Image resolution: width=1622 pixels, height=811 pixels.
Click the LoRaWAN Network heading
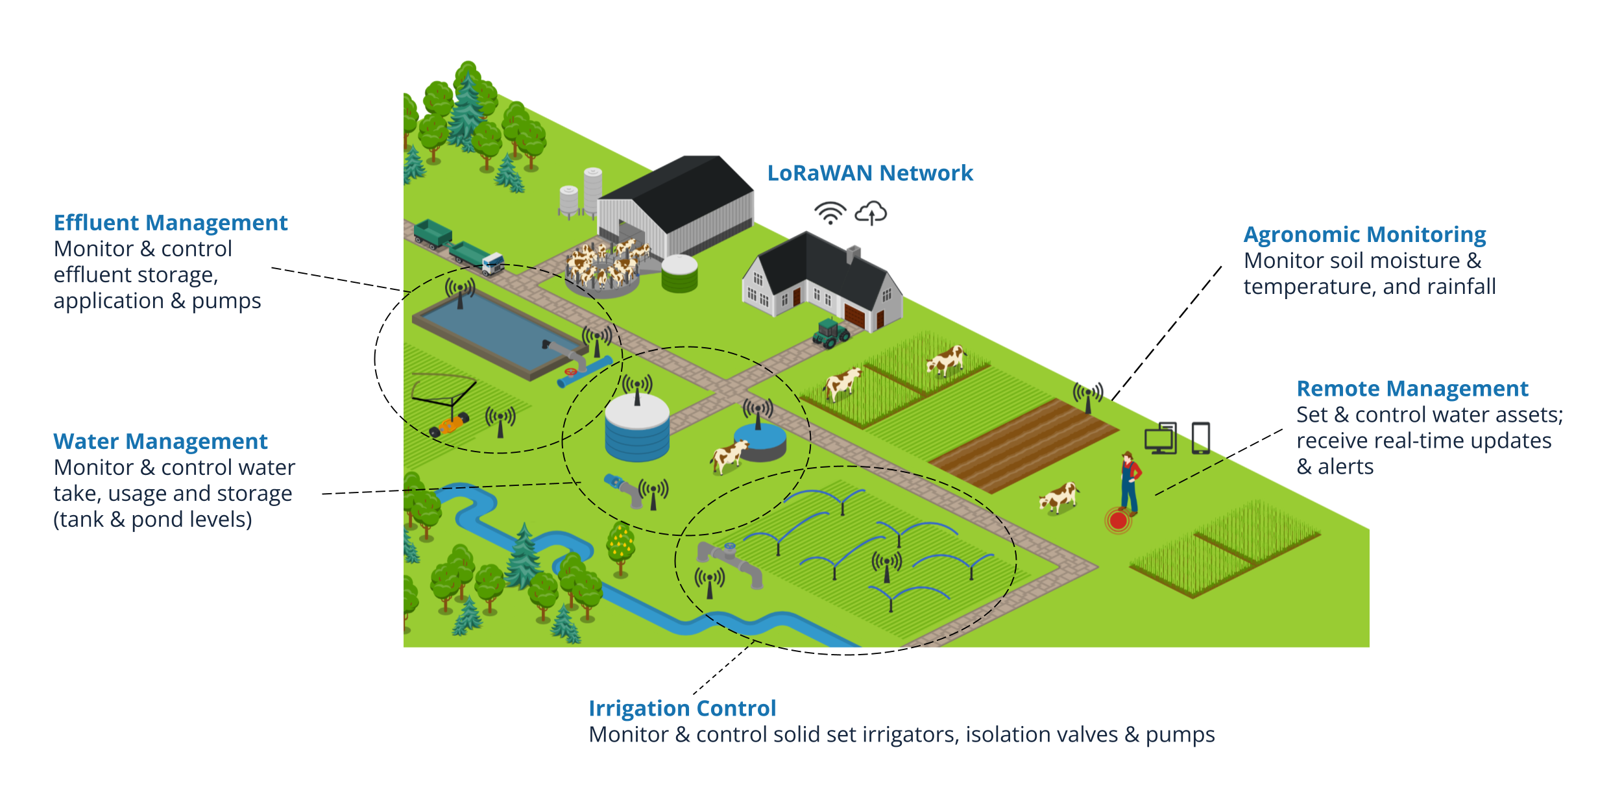click(869, 173)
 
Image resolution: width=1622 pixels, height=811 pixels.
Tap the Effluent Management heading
click(170, 223)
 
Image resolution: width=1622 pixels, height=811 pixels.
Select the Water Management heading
click(160, 441)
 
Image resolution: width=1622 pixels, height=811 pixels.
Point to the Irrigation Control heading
click(682, 708)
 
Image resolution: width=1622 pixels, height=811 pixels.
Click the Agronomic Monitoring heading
click(1364, 234)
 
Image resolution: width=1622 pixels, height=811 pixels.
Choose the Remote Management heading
click(1412, 389)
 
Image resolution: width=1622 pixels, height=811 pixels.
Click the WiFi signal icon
click(830, 213)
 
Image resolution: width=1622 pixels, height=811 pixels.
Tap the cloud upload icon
click(871, 213)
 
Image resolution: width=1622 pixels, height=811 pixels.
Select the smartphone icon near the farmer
click(1200, 438)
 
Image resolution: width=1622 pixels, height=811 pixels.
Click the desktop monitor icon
click(1161, 439)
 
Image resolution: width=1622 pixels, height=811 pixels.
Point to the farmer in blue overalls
click(1130, 483)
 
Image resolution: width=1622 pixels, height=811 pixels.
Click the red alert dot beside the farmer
click(1118, 520)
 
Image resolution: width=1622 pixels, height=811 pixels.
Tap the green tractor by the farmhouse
click(830, 333)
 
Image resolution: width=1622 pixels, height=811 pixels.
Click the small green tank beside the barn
click(679, 273)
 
